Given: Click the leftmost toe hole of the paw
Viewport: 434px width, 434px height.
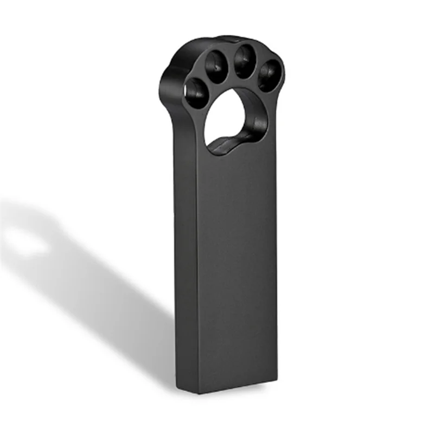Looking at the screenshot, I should click(195, 92).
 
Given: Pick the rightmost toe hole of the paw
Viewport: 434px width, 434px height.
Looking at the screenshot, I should click(269, 75).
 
